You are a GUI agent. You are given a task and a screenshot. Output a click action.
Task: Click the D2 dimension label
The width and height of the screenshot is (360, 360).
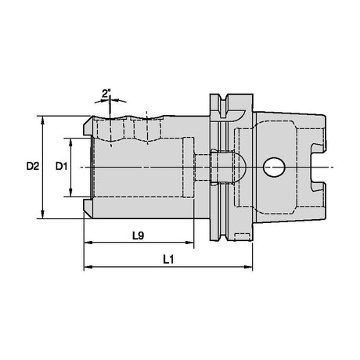point(33,166)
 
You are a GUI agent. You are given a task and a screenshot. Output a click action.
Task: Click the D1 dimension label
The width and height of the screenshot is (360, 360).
point(61,166)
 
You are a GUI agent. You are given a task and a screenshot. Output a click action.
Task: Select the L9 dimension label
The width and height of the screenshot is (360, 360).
point(138,236)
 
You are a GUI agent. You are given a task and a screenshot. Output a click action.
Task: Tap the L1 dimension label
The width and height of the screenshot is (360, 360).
point(168,260)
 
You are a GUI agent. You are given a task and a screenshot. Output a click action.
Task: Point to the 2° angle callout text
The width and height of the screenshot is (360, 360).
point(106,93)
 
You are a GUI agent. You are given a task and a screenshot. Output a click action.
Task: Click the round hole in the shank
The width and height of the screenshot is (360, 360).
point(274,167)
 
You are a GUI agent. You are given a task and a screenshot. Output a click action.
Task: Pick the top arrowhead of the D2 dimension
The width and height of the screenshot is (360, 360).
point(43,121)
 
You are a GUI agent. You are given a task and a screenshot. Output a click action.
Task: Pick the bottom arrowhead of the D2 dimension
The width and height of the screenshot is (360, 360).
point(43,214)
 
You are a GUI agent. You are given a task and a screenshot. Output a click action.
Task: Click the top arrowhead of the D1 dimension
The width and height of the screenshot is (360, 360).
point(70,142)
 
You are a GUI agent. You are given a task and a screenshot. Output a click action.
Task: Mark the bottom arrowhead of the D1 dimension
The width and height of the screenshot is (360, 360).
point(70,193)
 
